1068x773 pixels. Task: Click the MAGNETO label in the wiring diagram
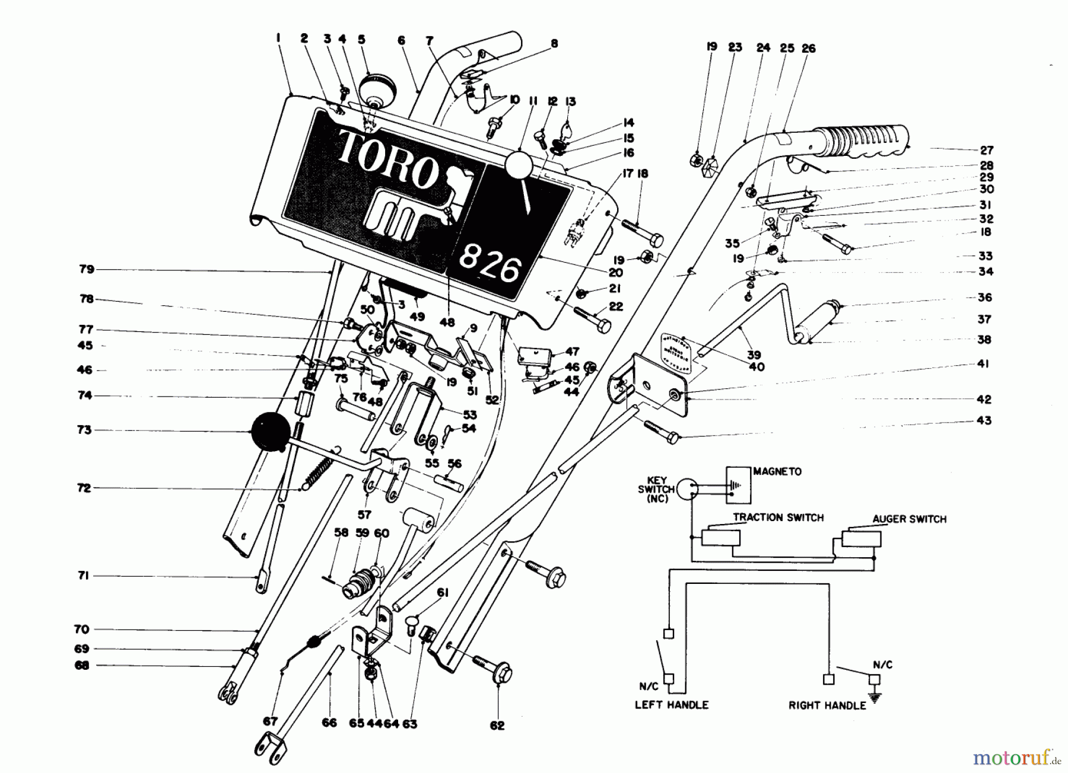[x=777, y=472]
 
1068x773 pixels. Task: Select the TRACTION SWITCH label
[x=778, y=518]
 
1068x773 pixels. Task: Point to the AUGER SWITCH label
[x=909, y=519]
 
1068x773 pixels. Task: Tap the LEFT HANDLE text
[x=672, y=705]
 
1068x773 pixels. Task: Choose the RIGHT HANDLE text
[x=827, y=705]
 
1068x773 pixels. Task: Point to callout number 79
[x=87, y=269]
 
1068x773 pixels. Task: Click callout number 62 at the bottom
[x=497, y=725]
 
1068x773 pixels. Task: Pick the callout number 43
[x=984, y=420]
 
